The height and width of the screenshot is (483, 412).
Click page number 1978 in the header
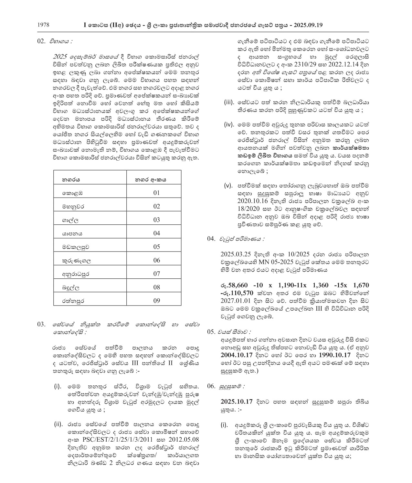pos(43,25)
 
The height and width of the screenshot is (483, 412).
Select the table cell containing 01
pos(157,193)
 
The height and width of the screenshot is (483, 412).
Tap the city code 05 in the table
pos(157,247)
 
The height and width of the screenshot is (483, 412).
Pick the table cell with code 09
pos(157,301)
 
